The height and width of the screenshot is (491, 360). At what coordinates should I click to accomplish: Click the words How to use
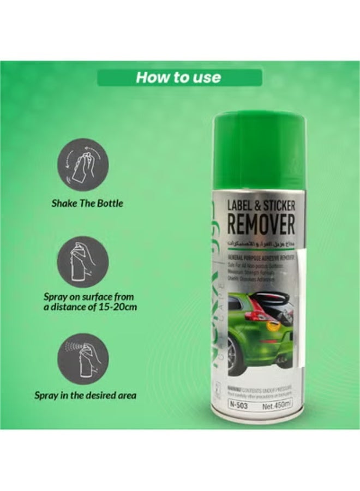(178, 77)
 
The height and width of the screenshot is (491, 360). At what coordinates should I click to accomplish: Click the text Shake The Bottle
(87, 203)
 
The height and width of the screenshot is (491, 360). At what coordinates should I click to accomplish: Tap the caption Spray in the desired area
(85, 394)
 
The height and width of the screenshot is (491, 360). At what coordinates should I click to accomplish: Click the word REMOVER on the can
(261, 225)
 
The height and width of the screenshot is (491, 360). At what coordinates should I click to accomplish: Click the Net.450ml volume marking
(277, 406)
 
